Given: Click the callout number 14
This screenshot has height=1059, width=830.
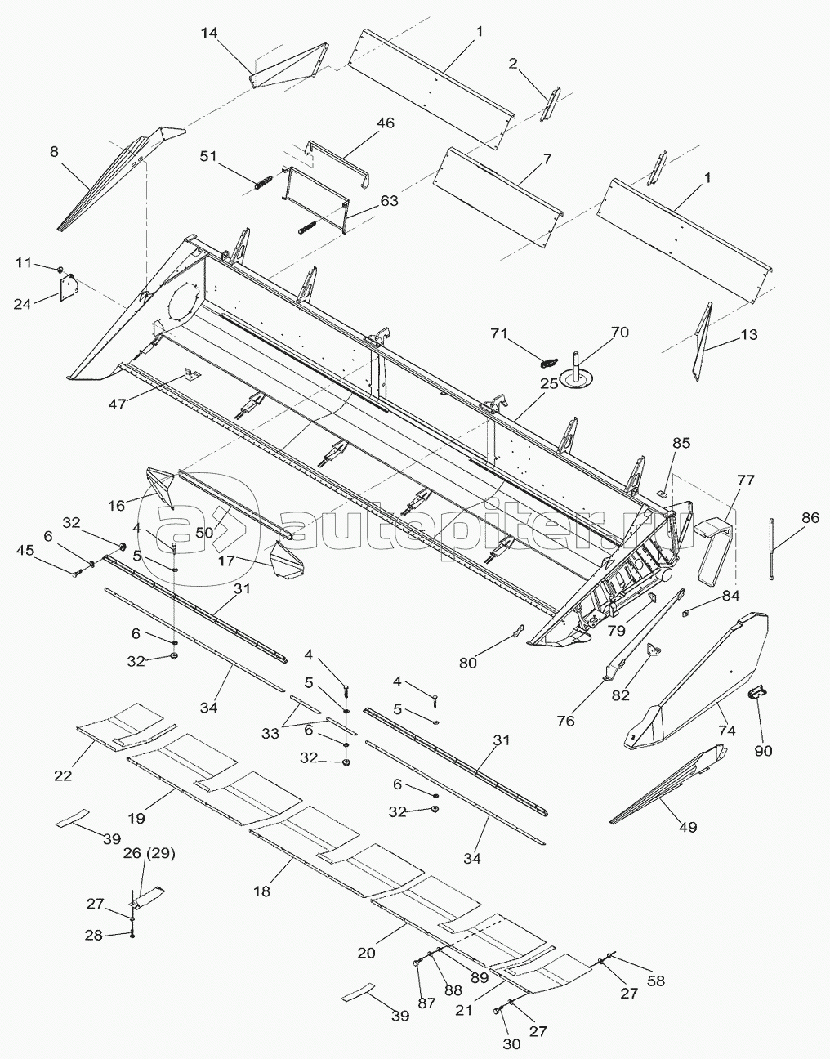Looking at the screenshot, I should [209, 32].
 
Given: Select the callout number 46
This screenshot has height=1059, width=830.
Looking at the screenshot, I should [385, 123].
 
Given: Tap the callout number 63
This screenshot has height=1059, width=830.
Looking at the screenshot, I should [389, 200].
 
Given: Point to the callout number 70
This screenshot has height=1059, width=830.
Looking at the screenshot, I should [620, 333].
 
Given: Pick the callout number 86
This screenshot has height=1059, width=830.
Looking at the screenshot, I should [810, 516].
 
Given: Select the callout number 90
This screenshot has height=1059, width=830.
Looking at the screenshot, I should [763, 750].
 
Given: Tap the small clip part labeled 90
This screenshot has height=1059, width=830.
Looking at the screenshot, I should [757, 694].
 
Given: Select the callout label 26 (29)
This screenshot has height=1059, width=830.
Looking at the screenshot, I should [149, 855].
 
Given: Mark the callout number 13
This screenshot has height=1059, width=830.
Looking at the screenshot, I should [748, 335].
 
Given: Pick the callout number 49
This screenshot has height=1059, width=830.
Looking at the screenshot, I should [688, 827].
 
